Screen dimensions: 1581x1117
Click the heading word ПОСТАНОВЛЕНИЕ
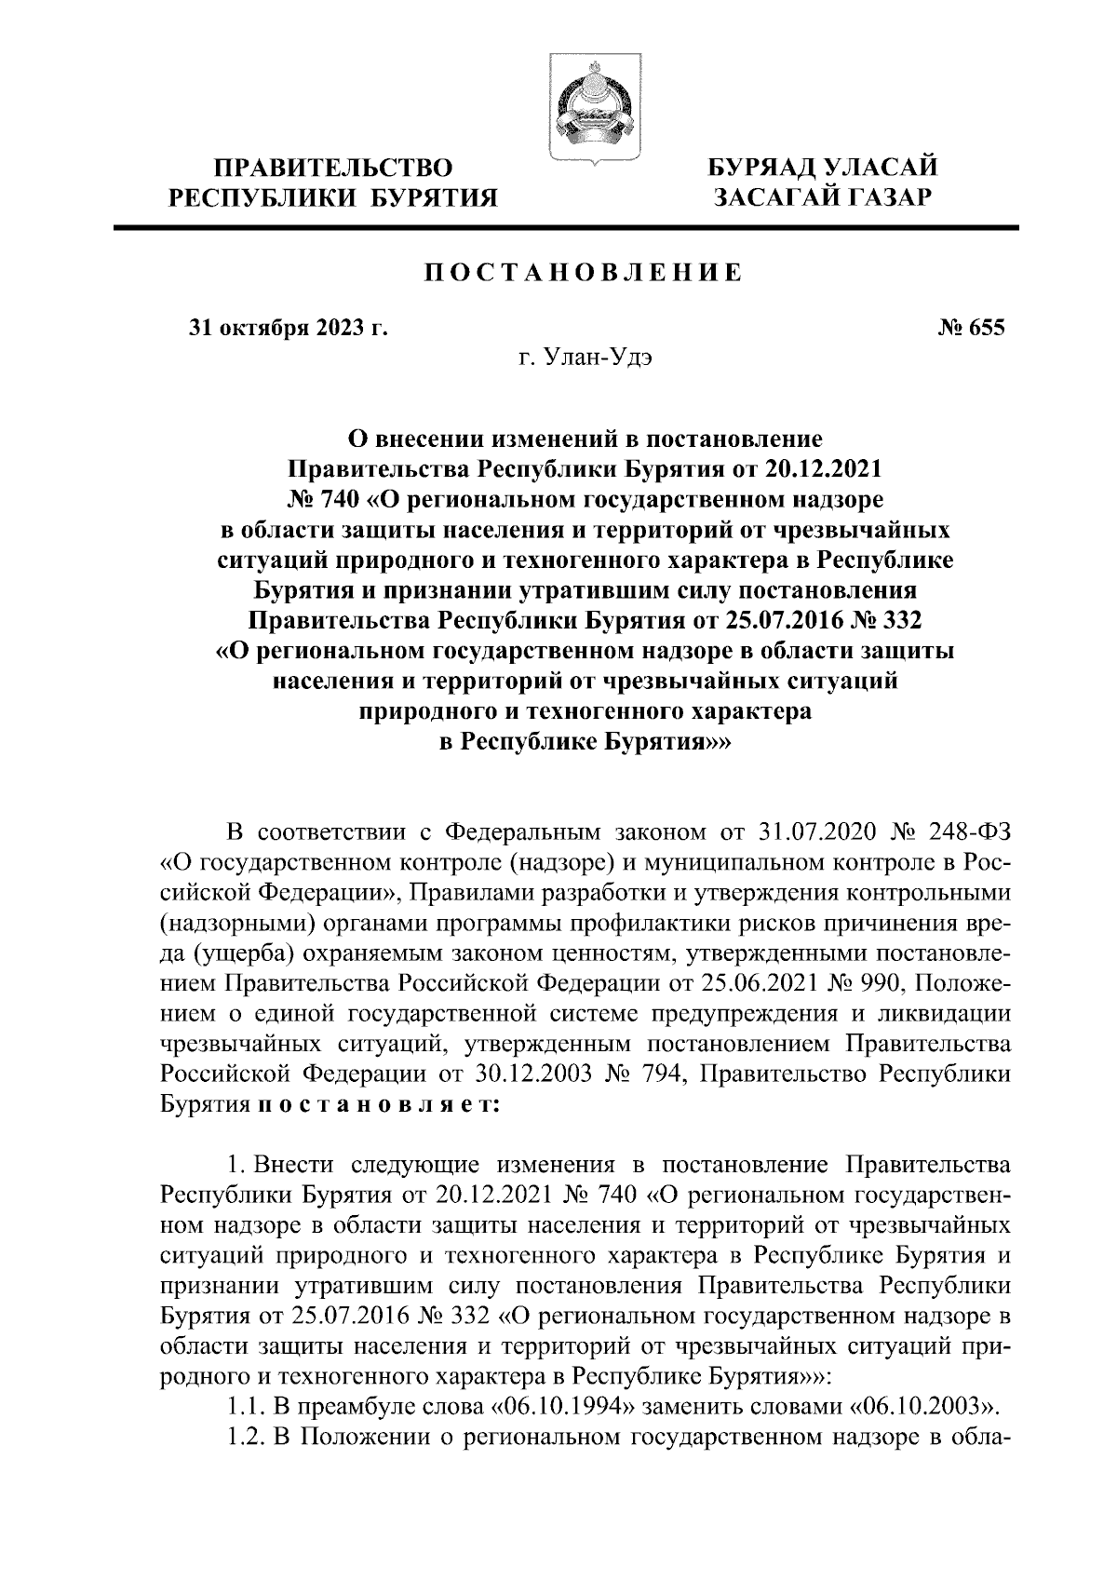(585, 273)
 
